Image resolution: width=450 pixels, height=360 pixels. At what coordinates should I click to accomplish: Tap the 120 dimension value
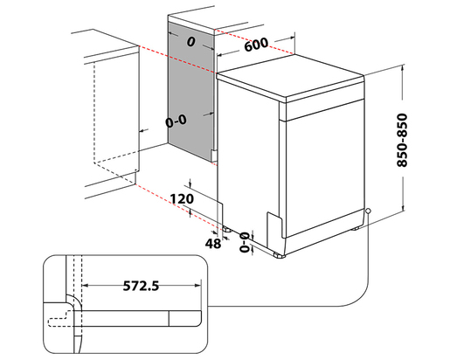[x=181, y=199]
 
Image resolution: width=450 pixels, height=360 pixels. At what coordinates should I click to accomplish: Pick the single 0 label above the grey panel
[x=190, y=41]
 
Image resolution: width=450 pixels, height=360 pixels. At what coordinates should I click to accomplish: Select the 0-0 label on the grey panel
[x=177, y=122]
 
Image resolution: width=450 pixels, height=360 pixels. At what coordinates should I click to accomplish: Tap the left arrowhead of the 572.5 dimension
[x=84, y=285]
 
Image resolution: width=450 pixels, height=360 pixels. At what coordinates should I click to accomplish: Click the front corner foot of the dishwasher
[x=279, y=254]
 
